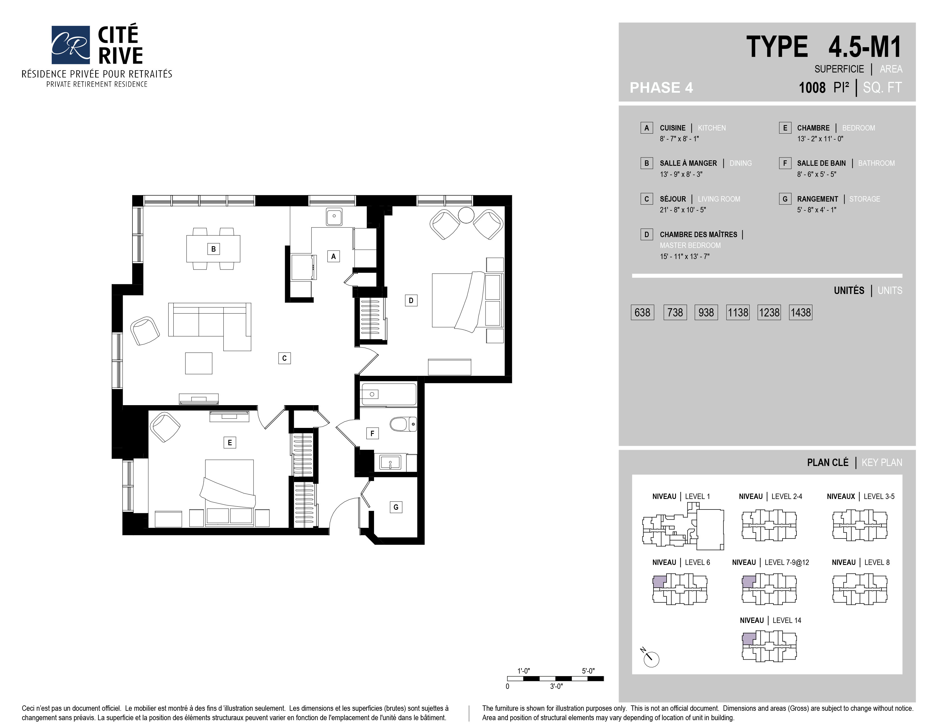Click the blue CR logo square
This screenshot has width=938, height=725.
(70, 45)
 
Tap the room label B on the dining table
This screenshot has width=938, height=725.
(213, 249)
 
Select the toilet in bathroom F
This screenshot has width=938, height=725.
(403, 424)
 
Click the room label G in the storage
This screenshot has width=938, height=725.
(396, 507)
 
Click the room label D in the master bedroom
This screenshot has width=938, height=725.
(411, 301)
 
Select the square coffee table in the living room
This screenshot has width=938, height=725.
(199, 363)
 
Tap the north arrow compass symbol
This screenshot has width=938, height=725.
(651, 658)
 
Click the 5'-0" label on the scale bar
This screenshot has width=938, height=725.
(588, 671)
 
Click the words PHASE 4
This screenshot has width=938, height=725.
(661, 88)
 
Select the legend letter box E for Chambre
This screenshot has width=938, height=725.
(785, 128)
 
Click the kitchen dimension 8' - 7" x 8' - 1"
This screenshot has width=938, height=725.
(679, 139)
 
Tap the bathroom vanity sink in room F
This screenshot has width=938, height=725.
(390, 463)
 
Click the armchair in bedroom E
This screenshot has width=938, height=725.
(165, 427)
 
